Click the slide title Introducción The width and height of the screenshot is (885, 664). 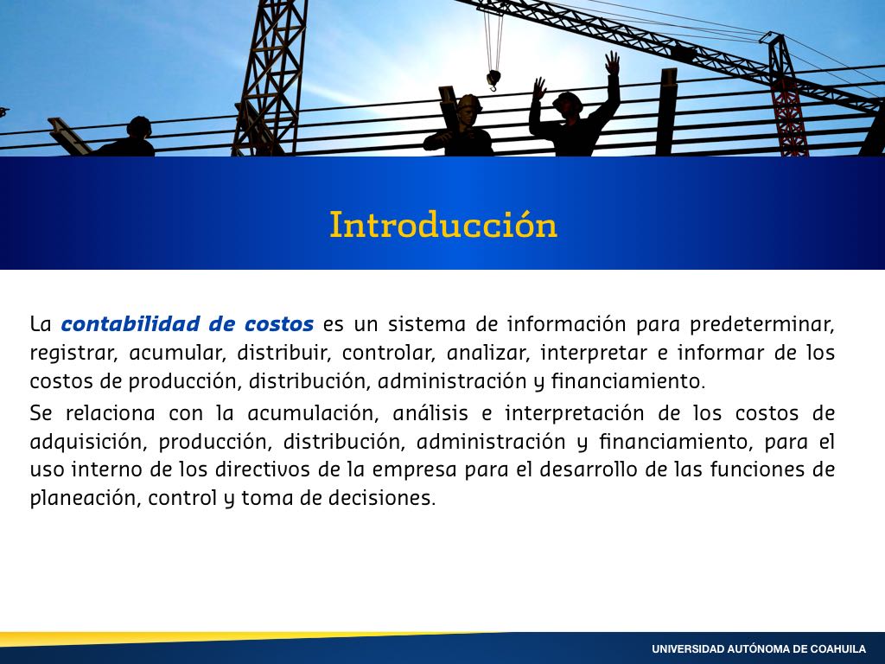[x=443, y=225]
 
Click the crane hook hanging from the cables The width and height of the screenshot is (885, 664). [x=493, y=80]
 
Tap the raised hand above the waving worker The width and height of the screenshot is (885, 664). [x=612, y=62]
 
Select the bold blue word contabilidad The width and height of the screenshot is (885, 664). [x=131, y=324]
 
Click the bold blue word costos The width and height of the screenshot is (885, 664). [x=279, y=325]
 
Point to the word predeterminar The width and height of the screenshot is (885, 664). [x=762, y=325]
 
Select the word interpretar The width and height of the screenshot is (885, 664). [x=593, y=354]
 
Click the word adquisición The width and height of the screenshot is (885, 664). [x=89, y=442]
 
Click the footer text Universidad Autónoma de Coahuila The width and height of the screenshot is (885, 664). [x=759, y=649]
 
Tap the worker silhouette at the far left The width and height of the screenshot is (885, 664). [x=129, y=138]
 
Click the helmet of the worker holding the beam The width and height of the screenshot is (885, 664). [x=469, y=102]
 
